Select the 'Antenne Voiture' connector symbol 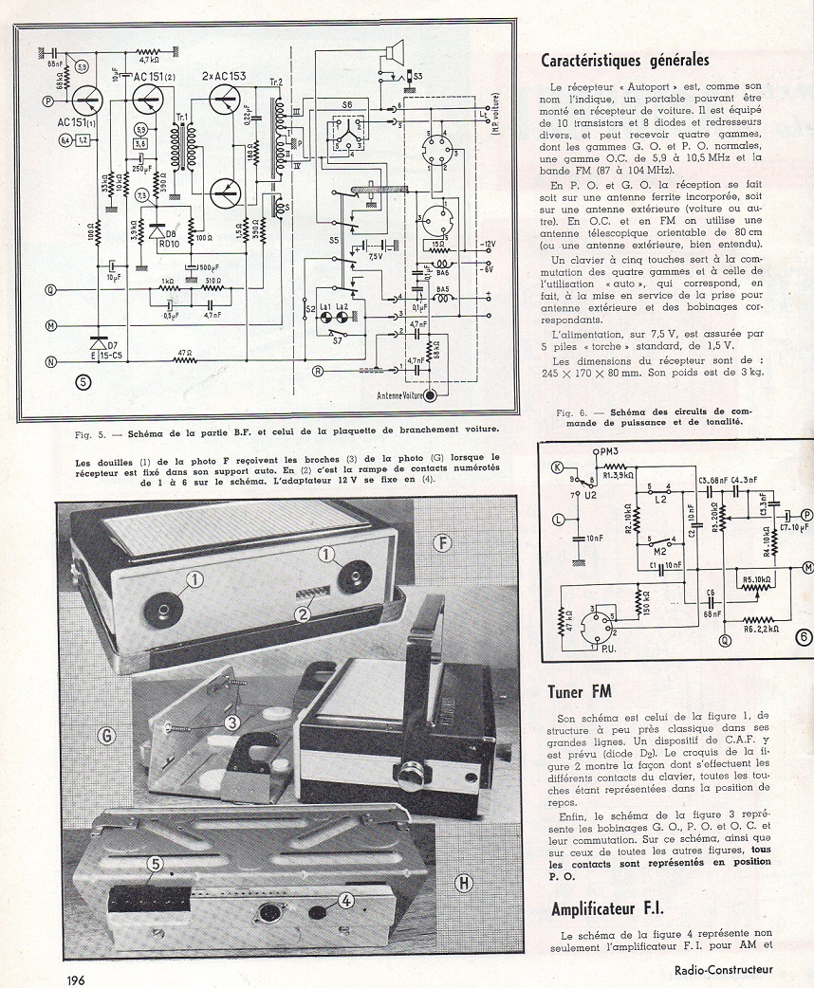click(x=433, y=394)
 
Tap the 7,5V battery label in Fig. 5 click(x=377, y=255)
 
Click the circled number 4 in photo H click(x=346, y=902)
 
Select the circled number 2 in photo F click(x=303, y=613)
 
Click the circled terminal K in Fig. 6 click(x=558, y=466)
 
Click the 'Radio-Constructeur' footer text click(x=724, y=969)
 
